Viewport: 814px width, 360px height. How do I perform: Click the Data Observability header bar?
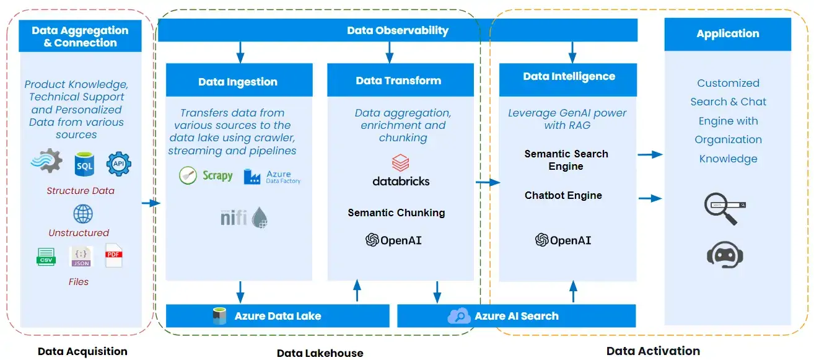[397, 30]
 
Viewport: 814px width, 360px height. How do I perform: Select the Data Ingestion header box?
[238, 82]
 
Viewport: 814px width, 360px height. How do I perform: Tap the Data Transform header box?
[398, 81]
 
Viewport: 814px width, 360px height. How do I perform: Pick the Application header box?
[727, 34]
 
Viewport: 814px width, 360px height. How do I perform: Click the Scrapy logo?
[206, 176]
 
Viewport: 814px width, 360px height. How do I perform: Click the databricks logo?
[401, 171]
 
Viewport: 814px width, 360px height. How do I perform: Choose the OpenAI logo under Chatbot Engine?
[563, 240]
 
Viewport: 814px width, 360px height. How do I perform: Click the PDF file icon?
[114, 256]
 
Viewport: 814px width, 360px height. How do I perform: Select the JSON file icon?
[81, 257]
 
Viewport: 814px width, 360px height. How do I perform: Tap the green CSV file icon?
[46, 257]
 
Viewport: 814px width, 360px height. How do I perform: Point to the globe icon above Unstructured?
[82, 214]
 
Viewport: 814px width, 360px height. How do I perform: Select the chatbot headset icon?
[725, 255]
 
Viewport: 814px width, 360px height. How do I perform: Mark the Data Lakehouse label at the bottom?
[320, 353]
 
